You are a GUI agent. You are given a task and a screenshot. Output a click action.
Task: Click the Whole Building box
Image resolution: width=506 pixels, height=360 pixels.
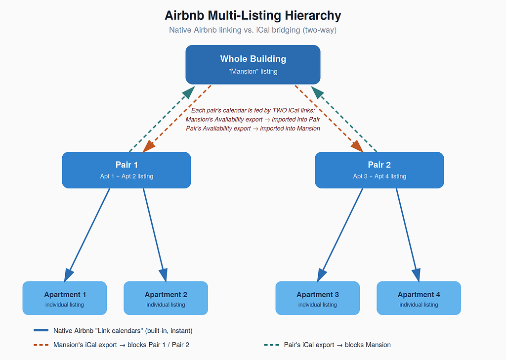click(x=253, y=65)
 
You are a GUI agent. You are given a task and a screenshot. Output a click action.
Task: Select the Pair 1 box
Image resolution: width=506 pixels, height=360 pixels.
click(x=126, y=170)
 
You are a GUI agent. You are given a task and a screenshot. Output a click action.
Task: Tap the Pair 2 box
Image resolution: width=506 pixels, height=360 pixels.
click(x=379, y=170)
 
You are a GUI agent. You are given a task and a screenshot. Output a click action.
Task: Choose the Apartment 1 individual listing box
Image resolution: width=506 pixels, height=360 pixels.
click(x=65, y=298)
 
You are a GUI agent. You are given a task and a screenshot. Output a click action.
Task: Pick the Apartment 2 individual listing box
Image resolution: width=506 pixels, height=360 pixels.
click(x=166, y=298)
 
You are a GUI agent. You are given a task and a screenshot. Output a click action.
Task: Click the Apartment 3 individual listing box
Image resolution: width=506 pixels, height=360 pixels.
click(x=318, y=298)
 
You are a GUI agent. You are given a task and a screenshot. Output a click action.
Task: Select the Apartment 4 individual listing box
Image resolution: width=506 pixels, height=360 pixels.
click(x=419, y=298)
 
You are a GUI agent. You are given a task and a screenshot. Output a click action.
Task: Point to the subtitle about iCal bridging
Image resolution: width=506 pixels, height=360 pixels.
click(x=253, y=30)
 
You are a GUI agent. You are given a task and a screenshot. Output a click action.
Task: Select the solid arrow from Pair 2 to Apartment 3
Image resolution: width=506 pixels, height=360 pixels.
click(x=340, y=235)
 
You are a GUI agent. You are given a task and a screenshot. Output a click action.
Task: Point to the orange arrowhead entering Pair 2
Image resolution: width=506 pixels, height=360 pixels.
click(x=357, y=146)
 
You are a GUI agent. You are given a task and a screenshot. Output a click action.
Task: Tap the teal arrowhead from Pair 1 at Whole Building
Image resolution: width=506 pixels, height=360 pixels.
click(x=189, y=92)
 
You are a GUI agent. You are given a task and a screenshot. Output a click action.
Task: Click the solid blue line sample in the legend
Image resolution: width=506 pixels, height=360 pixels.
click(x=41, y=330)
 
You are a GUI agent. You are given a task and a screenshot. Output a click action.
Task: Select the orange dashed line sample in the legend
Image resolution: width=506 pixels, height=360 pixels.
click(x=41, y=345)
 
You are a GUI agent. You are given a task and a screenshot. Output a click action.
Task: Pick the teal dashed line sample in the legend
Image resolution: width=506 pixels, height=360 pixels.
click(x=271, y=345)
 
